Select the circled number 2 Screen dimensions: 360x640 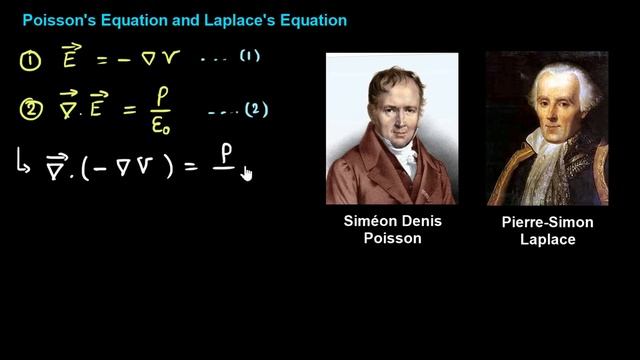click(x=30, y=109)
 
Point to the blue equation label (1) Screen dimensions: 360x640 click(x=249, y=57)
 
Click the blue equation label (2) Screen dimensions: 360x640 click(x=257, y=109)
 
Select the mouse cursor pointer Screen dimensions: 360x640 click(x=246, y=174)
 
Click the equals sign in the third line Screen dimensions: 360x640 click(x=191, y=168)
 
